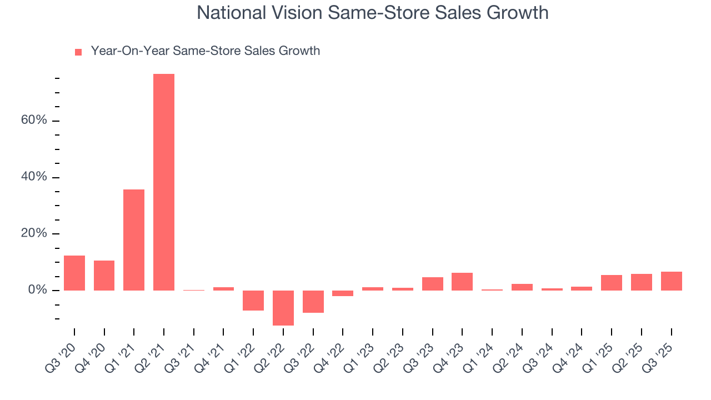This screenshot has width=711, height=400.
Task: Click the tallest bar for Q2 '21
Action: tap(164, 182)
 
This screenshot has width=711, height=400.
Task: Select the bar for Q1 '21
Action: tap(134, 240)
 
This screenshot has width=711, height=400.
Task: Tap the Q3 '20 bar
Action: tap(74, 273)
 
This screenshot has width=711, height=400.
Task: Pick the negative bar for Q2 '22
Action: tap(283, 308)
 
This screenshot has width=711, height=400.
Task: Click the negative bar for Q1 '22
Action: tap(253, 301)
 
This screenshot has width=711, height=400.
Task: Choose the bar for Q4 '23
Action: tap(462, 282)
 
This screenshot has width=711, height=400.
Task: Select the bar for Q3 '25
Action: tap(671, 281)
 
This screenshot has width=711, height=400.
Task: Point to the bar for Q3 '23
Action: tap(433, 284)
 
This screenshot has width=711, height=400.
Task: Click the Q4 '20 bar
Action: tap(104, 276)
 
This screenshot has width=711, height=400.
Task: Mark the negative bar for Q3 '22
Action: tap(313, 302)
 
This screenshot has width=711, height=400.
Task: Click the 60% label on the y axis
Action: tap(34, 121)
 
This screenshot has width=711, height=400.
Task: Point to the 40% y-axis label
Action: tap(34, 178)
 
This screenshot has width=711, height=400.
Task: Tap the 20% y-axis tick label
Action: tap(34, 234)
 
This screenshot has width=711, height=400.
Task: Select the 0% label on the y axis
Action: tap(38, 291)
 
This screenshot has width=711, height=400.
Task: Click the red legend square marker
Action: tap(78, 52)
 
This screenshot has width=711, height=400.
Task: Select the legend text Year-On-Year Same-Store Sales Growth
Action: tap(206, 51)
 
